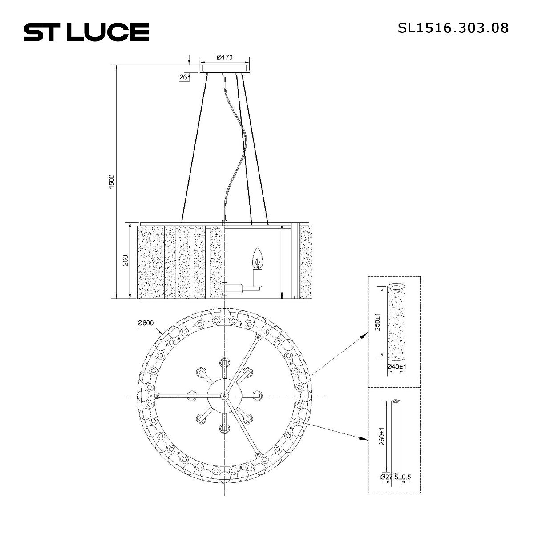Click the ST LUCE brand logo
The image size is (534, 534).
tap(86, 32)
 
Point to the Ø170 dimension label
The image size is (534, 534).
tap(225, 57)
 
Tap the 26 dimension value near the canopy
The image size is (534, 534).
tap(183, 77)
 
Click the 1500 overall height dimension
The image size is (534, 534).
tap(112, 181)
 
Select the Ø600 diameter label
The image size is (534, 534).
tap(146, 323)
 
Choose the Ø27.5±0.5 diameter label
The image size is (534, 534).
tap(396, 477)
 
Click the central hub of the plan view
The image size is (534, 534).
tap(225, 395)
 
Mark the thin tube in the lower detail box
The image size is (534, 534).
tap(395, 436)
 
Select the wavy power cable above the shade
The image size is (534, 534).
tap(236, 147)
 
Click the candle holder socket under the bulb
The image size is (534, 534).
tap(257, 278)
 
